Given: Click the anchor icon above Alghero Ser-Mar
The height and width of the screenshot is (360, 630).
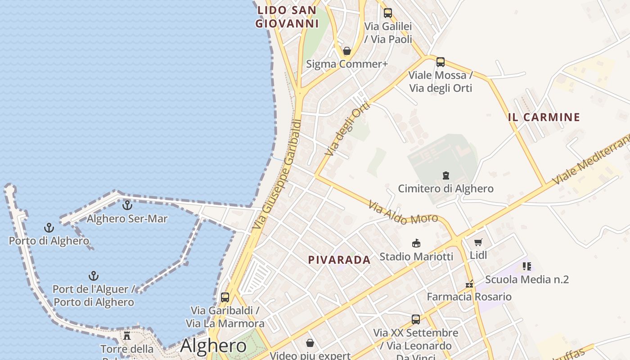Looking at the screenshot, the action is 127,205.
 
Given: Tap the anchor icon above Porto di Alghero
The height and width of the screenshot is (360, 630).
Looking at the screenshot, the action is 49,227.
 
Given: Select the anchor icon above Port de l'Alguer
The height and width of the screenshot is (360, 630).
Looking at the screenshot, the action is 93,275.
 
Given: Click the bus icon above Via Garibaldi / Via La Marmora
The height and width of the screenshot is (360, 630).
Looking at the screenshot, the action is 225,297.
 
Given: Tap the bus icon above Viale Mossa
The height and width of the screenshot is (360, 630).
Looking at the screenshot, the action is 441,62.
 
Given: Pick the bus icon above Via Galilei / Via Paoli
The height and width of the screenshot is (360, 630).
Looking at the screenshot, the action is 388,13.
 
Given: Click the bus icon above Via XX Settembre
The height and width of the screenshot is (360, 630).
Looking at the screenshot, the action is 416,319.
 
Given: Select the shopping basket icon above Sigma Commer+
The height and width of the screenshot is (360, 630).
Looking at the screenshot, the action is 347,51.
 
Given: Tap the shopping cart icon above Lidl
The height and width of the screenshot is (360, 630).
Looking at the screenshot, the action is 478,242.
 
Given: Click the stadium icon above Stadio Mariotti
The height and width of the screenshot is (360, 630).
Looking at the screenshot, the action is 416,243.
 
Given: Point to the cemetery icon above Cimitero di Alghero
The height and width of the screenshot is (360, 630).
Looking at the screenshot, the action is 446,175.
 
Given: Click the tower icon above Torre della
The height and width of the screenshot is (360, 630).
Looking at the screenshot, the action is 127,335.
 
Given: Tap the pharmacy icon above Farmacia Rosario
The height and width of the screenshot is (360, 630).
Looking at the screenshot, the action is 469,284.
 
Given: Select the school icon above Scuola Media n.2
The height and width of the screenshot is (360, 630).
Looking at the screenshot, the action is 527,266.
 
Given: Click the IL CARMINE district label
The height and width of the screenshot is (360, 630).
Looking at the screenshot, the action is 544,117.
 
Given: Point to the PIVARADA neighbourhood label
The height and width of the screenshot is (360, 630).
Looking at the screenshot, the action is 339,260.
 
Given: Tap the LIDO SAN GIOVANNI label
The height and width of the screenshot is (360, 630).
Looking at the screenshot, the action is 287,17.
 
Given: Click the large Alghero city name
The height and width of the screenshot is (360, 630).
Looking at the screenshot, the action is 213,346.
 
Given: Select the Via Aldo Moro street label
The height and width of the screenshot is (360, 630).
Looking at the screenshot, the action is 403,213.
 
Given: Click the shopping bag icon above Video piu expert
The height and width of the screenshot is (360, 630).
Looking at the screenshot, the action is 310,343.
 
